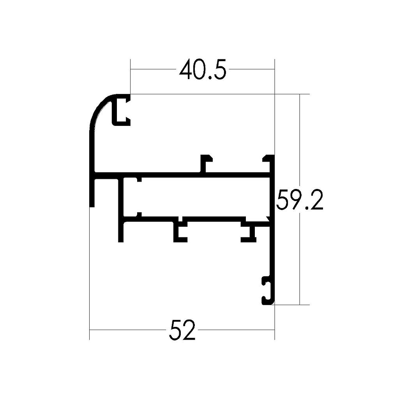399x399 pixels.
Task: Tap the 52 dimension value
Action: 182,330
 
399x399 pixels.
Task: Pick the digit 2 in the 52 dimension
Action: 188,330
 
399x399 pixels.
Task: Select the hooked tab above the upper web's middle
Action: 206,163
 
